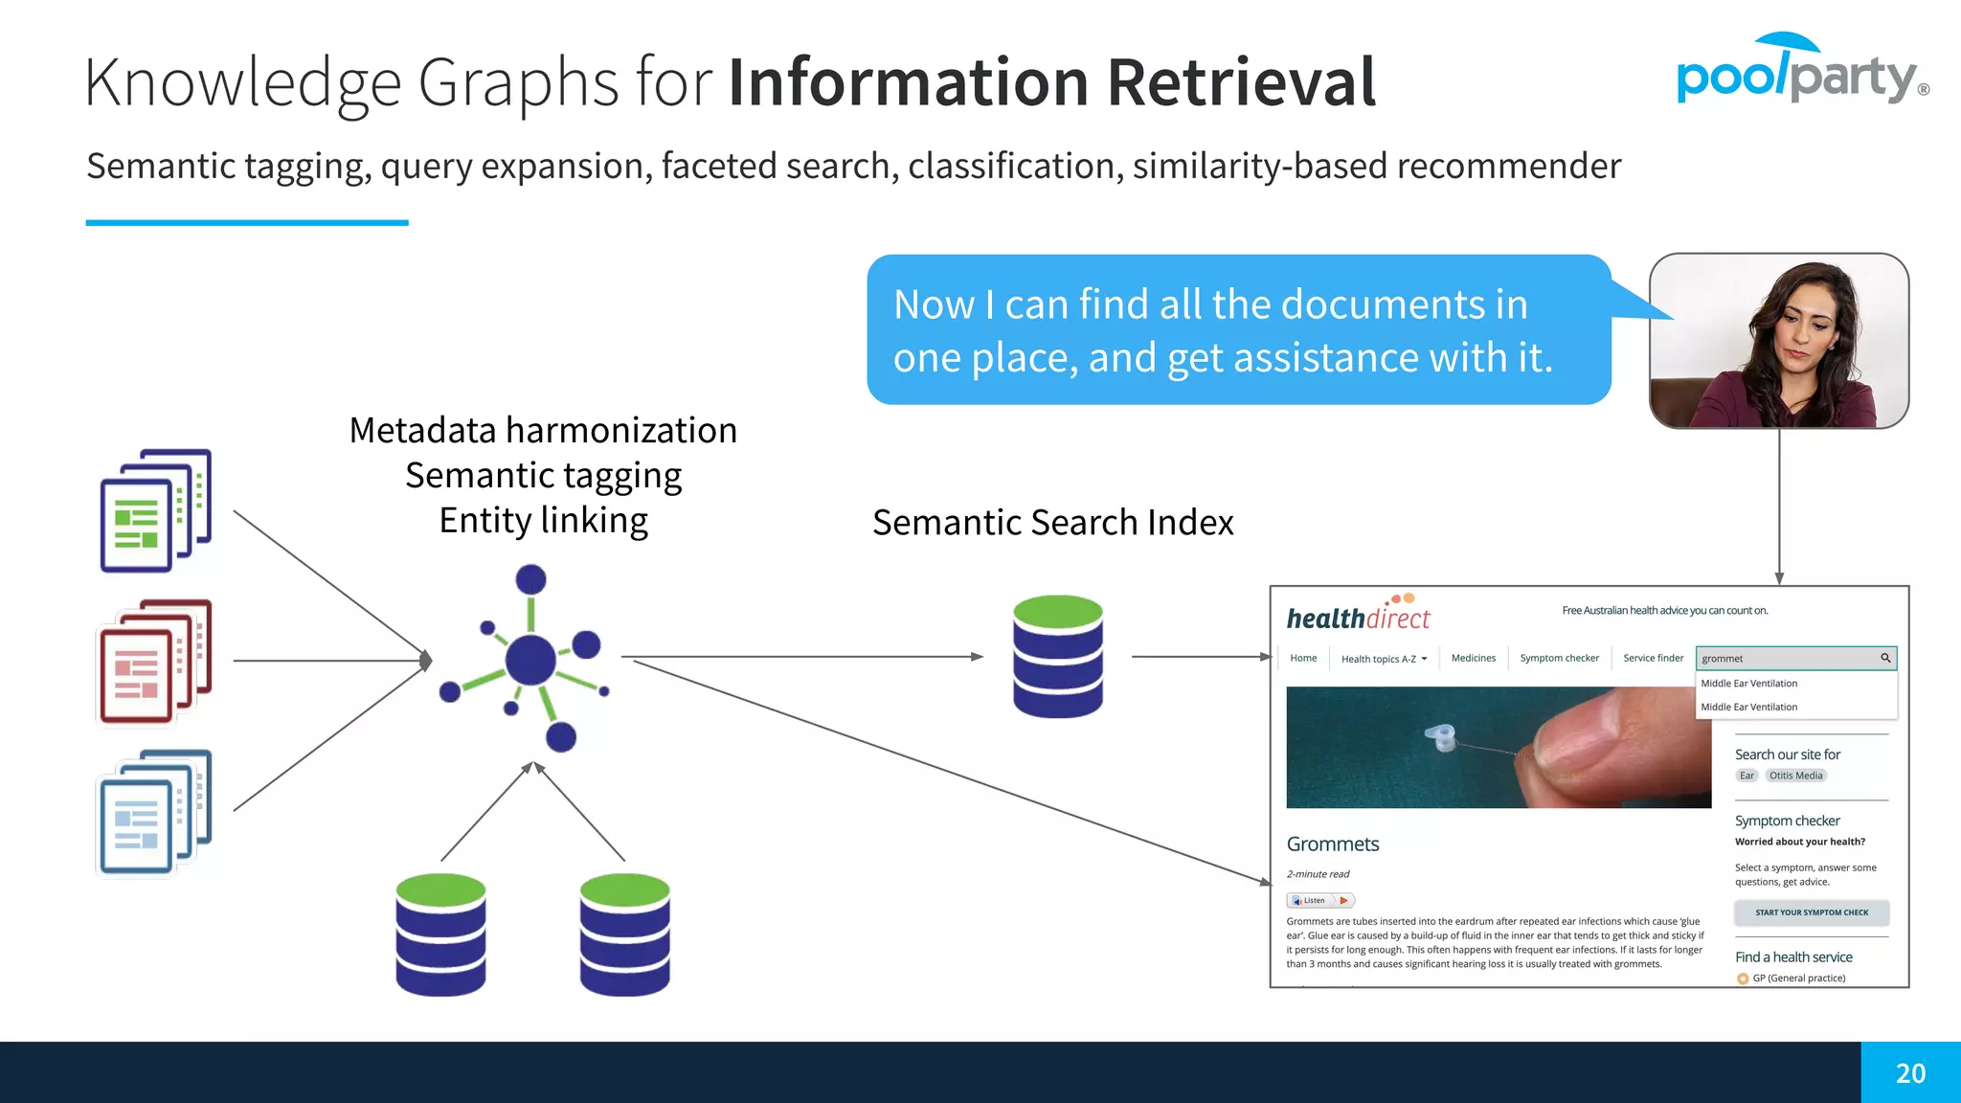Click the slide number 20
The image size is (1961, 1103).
point(1910,1073)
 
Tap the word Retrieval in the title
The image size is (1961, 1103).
point(1241,82)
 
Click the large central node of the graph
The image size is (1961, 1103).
point(530,659)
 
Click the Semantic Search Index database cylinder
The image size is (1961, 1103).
point(1057,657)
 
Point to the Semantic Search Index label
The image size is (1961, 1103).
point(1052,523)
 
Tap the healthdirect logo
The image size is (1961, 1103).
point(1358,617)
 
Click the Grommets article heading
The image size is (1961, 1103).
point(1332,844)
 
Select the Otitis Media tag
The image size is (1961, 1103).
point(1795,776)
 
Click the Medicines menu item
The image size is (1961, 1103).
point(1473,659)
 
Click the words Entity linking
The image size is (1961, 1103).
point(543,521)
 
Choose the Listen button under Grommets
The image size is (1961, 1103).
point(1319,900)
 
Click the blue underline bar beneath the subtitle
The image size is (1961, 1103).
point(247,223)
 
